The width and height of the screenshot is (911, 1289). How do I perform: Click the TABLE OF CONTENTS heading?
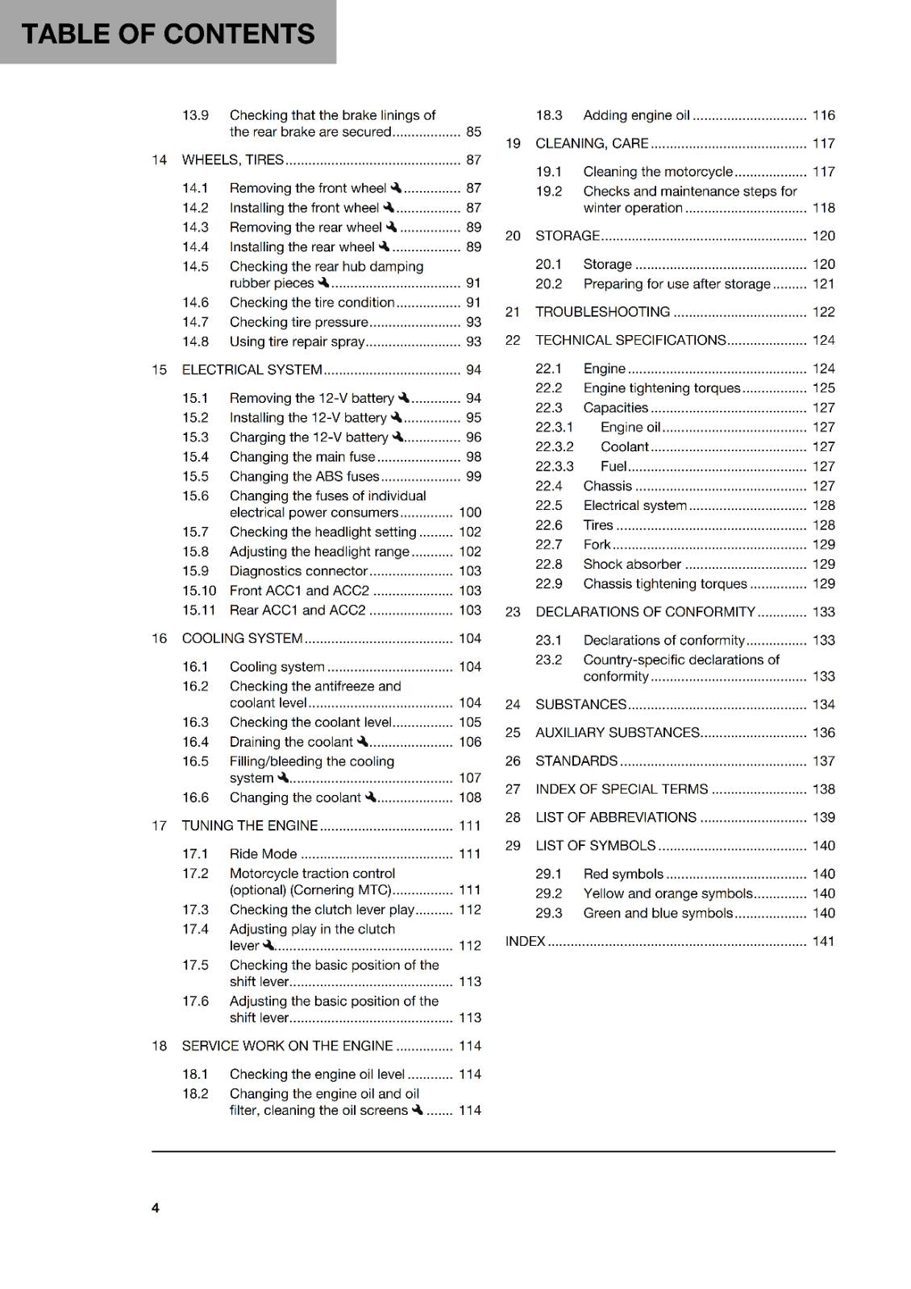tap(168, 34)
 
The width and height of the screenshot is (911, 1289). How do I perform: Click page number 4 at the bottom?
tap(156, 1208)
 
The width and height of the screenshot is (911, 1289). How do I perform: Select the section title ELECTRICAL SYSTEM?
tap(252, 370)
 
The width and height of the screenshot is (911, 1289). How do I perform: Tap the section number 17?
tap(159, 826)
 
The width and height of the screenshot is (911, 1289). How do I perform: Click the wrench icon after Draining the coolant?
tap(363, 741)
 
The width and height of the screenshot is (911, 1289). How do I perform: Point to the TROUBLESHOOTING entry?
tap(602, 312)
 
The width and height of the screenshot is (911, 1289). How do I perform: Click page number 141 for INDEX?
tap(823, 941)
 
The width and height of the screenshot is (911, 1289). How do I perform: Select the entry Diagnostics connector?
tap(298, 571)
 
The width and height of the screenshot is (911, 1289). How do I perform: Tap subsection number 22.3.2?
tap(555, 446)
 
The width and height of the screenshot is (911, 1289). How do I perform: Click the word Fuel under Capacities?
tap(613, 466)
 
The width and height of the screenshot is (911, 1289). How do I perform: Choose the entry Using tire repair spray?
tap(297, 342)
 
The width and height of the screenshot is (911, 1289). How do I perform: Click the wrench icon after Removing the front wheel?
tap(396, 188)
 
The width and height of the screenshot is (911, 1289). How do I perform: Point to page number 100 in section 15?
tap(469, 512)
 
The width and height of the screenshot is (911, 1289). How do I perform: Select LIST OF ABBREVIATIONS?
tap(616, 817)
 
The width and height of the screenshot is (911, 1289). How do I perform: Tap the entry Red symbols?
tap(623, 874)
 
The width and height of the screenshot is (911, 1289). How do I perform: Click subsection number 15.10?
tap(199, 591)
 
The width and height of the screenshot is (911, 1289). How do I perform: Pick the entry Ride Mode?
tap(263, 854)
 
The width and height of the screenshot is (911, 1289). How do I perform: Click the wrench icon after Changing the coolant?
tap(371, 797)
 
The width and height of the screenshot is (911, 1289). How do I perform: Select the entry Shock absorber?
tap(632, 564)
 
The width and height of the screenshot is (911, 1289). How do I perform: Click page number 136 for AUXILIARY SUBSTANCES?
tap(823, 732)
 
